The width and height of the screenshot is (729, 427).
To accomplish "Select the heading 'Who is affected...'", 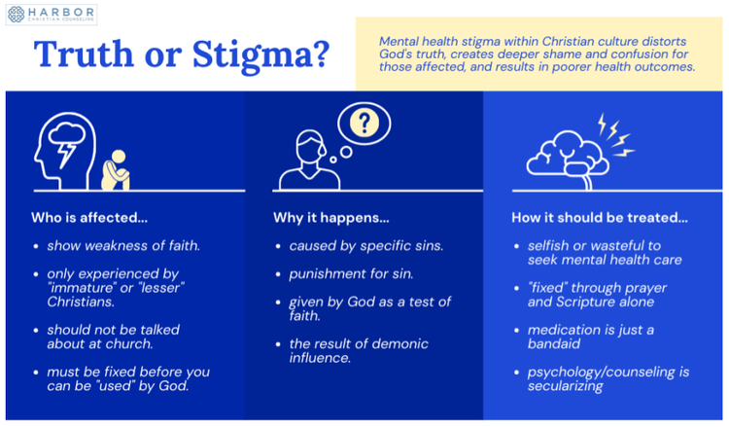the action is (x=89, y=217).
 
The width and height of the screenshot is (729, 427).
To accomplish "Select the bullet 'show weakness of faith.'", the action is (x=123, y=246).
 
